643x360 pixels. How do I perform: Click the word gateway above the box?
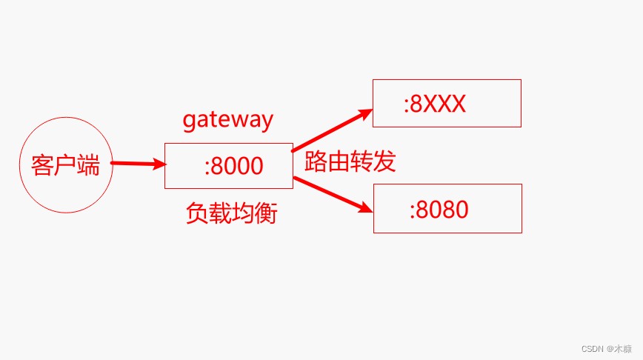pos(227,120)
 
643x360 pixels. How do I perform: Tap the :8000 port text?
pos(234,166)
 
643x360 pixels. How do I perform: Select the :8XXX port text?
pos(435,104)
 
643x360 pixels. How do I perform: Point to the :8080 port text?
pos(439,210)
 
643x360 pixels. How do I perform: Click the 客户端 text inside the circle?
pos(66,165)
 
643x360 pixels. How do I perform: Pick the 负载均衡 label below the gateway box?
pos(232,213)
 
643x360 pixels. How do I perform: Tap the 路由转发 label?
pos(350,161)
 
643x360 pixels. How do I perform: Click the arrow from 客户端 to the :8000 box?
pos(139,164)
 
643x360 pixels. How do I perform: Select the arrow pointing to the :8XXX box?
pos(332,130)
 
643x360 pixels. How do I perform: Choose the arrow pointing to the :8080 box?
pos(333,195)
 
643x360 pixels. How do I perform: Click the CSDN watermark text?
pos(607,349)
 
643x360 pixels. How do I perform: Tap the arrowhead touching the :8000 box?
pos(160,164)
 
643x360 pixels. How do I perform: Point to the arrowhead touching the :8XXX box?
pos(366,113)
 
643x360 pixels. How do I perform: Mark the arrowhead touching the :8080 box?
pos(366,208)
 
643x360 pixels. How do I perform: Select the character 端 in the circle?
pos(89,165)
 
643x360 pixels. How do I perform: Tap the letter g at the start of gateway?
pos(189,121)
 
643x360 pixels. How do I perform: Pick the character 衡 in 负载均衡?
pos(267,213)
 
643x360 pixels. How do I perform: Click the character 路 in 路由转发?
pos(316,161)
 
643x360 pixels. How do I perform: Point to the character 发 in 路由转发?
pos(384,161)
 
